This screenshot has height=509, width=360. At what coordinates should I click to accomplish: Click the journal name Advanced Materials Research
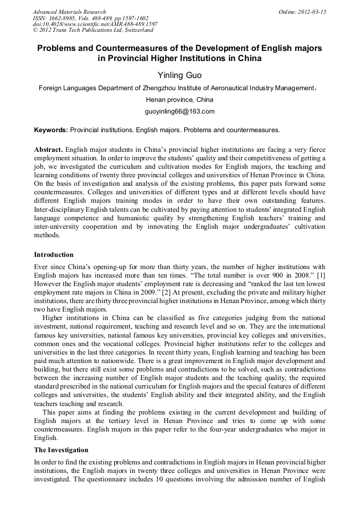coord(69,12)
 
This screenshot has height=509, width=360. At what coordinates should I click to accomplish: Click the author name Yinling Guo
coord(179,75)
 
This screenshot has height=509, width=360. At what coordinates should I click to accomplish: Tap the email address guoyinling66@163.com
coord(179,111)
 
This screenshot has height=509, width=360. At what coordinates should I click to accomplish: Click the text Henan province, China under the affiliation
coord(179,99)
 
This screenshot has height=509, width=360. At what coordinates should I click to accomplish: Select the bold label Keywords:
coord(51,130)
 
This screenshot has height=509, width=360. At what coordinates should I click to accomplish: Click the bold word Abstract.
coord(48,150)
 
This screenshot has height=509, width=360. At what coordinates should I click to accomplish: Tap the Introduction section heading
coord(54,255)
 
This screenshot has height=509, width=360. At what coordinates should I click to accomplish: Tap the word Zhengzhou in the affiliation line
coord(161,88)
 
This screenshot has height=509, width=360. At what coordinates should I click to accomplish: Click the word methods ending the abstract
coord(47,234)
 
